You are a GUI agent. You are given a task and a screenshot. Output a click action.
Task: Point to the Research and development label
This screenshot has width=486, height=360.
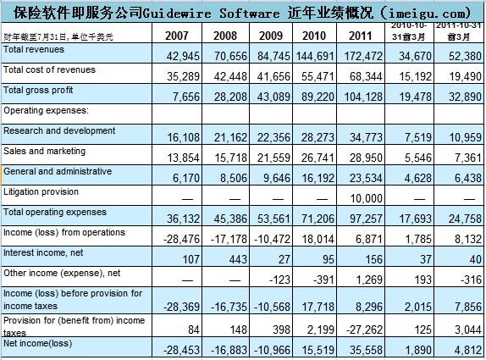[59, 130]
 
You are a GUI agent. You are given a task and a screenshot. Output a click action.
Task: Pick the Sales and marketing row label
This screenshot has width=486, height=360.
[45, 151]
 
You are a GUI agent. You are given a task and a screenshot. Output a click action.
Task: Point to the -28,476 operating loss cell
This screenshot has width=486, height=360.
[178, 238]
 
